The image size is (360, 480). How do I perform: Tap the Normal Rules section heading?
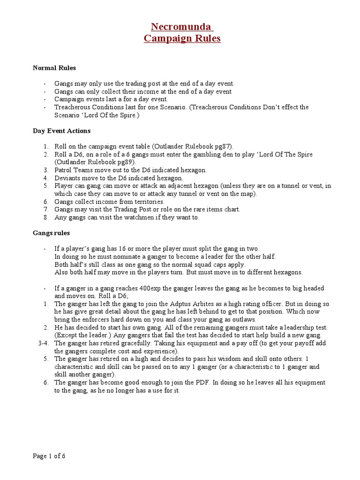pos(54,68)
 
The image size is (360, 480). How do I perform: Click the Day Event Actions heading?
pos(61,131)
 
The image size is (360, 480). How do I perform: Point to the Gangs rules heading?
pos(51,232)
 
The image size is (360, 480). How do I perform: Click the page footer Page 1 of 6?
pos(49,456)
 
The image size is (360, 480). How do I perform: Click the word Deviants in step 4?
pos(67,178)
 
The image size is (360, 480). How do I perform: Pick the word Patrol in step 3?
pos(63,170)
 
